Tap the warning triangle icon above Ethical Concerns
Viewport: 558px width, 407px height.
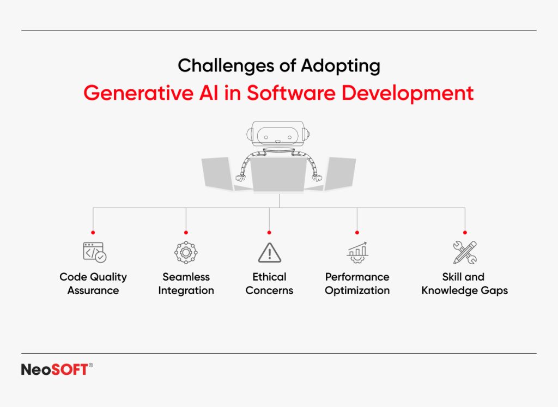point(269,253)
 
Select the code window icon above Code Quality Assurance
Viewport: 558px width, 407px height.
point(94,252)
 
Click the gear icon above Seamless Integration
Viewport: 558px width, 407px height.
point(186,252)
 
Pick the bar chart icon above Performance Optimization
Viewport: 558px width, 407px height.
point(357,252)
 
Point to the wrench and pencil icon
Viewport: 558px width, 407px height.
point(465,252)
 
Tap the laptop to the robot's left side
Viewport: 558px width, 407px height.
point(219,173)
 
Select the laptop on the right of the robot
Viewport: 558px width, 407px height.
point(339,173)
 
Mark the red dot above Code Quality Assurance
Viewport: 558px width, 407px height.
point(93,232)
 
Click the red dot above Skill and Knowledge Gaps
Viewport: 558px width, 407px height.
point(465,232)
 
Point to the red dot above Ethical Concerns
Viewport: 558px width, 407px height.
point(269,232)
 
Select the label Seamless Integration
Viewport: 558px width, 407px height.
point(186,283)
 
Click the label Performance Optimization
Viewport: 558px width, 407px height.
point(357,283)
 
